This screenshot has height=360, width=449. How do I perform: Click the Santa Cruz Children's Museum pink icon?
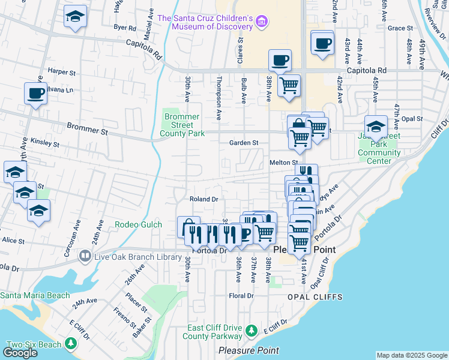[x=261, y=23]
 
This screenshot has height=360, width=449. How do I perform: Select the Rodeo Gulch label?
[x=135, y=225]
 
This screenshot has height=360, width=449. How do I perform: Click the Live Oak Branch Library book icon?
[x=85, y=257]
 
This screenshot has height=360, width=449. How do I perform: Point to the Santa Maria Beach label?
[x=35, y=295]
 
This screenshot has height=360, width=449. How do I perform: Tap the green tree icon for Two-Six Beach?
[x=71, y=343]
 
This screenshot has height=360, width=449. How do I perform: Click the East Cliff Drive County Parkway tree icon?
[x=254, y=331]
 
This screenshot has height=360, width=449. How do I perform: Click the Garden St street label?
[x=244, y=143]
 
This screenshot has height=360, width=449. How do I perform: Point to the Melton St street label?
[x=283, y=163]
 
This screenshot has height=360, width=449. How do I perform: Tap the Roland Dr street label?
[x=203, y=199]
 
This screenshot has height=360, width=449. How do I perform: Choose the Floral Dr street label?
[x=241, y=296]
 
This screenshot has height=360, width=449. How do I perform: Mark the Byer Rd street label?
[x=125, y=28]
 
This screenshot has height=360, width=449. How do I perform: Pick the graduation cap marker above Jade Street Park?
[x=376, y=127]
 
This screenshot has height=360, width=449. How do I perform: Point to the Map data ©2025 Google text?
[x=412, y=355]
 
